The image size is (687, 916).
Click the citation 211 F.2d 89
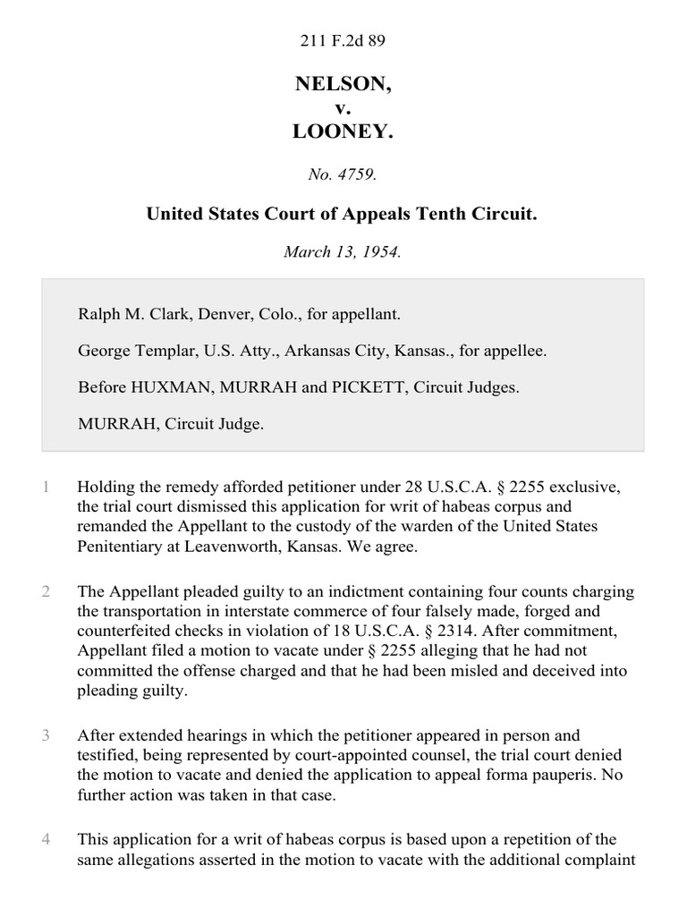(343, 40)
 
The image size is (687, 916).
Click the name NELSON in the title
(343, 85)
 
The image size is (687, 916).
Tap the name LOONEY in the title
(343, 131)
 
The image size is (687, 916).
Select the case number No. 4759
(343, 175)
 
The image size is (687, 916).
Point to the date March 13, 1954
(343, 251)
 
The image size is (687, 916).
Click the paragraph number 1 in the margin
(46, 488)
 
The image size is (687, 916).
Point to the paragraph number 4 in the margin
(46, 839)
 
